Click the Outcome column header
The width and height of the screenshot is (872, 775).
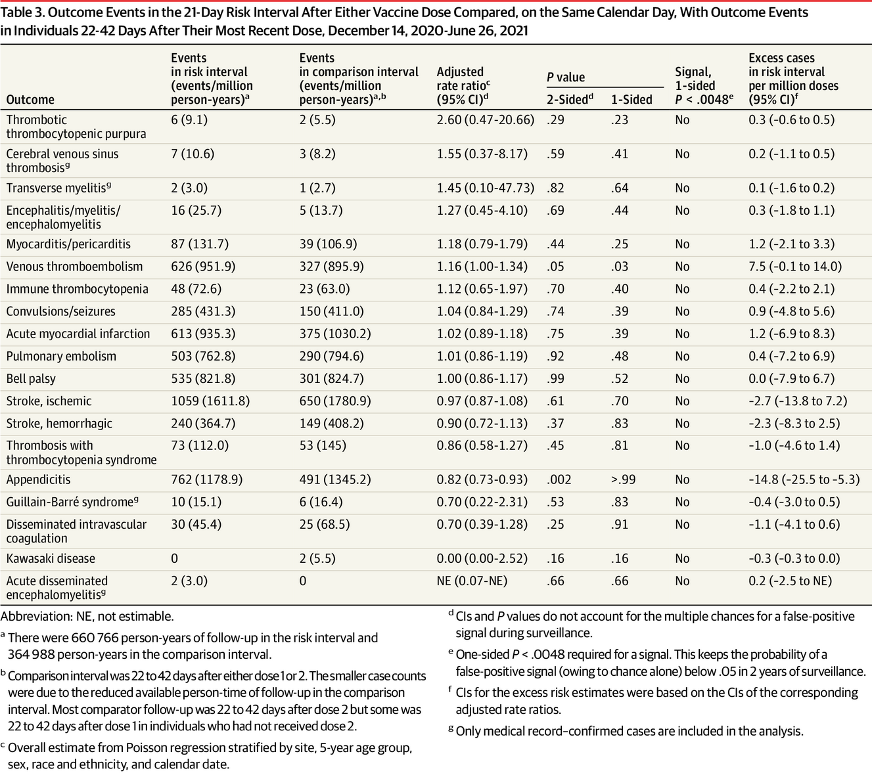tap(30, 99)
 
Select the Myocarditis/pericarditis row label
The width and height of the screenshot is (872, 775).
tap(68, 244)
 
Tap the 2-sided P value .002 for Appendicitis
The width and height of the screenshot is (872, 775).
tap(559, 479)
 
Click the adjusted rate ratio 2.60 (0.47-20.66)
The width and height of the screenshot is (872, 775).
tap(486, 120)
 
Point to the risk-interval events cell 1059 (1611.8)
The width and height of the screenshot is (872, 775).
tap(210, 401)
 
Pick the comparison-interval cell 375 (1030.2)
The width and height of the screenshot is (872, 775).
tap(335, 334)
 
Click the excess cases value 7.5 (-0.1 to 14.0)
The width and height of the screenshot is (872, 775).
tap(795, 267)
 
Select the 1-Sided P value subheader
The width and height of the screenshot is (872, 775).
tap(631, 99)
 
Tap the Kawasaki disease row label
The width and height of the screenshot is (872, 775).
tap(51, 558)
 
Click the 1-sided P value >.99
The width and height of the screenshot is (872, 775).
tap(623, 479)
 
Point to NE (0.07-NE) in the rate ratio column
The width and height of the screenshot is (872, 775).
tap(472, 581)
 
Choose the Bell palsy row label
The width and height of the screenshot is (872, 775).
tap(31, 379)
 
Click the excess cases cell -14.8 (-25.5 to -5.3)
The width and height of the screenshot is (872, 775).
tap(804, 479)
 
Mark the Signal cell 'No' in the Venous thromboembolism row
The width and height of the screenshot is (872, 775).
tap(682, 267)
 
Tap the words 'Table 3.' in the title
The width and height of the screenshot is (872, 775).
tap(22, 12)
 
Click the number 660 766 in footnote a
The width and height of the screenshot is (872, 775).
tap(91, 638)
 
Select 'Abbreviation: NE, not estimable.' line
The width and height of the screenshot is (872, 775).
tap(87, 617)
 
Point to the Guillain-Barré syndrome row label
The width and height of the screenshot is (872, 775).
tap(72, 502)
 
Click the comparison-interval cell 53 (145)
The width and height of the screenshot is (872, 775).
tap(323, 445)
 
